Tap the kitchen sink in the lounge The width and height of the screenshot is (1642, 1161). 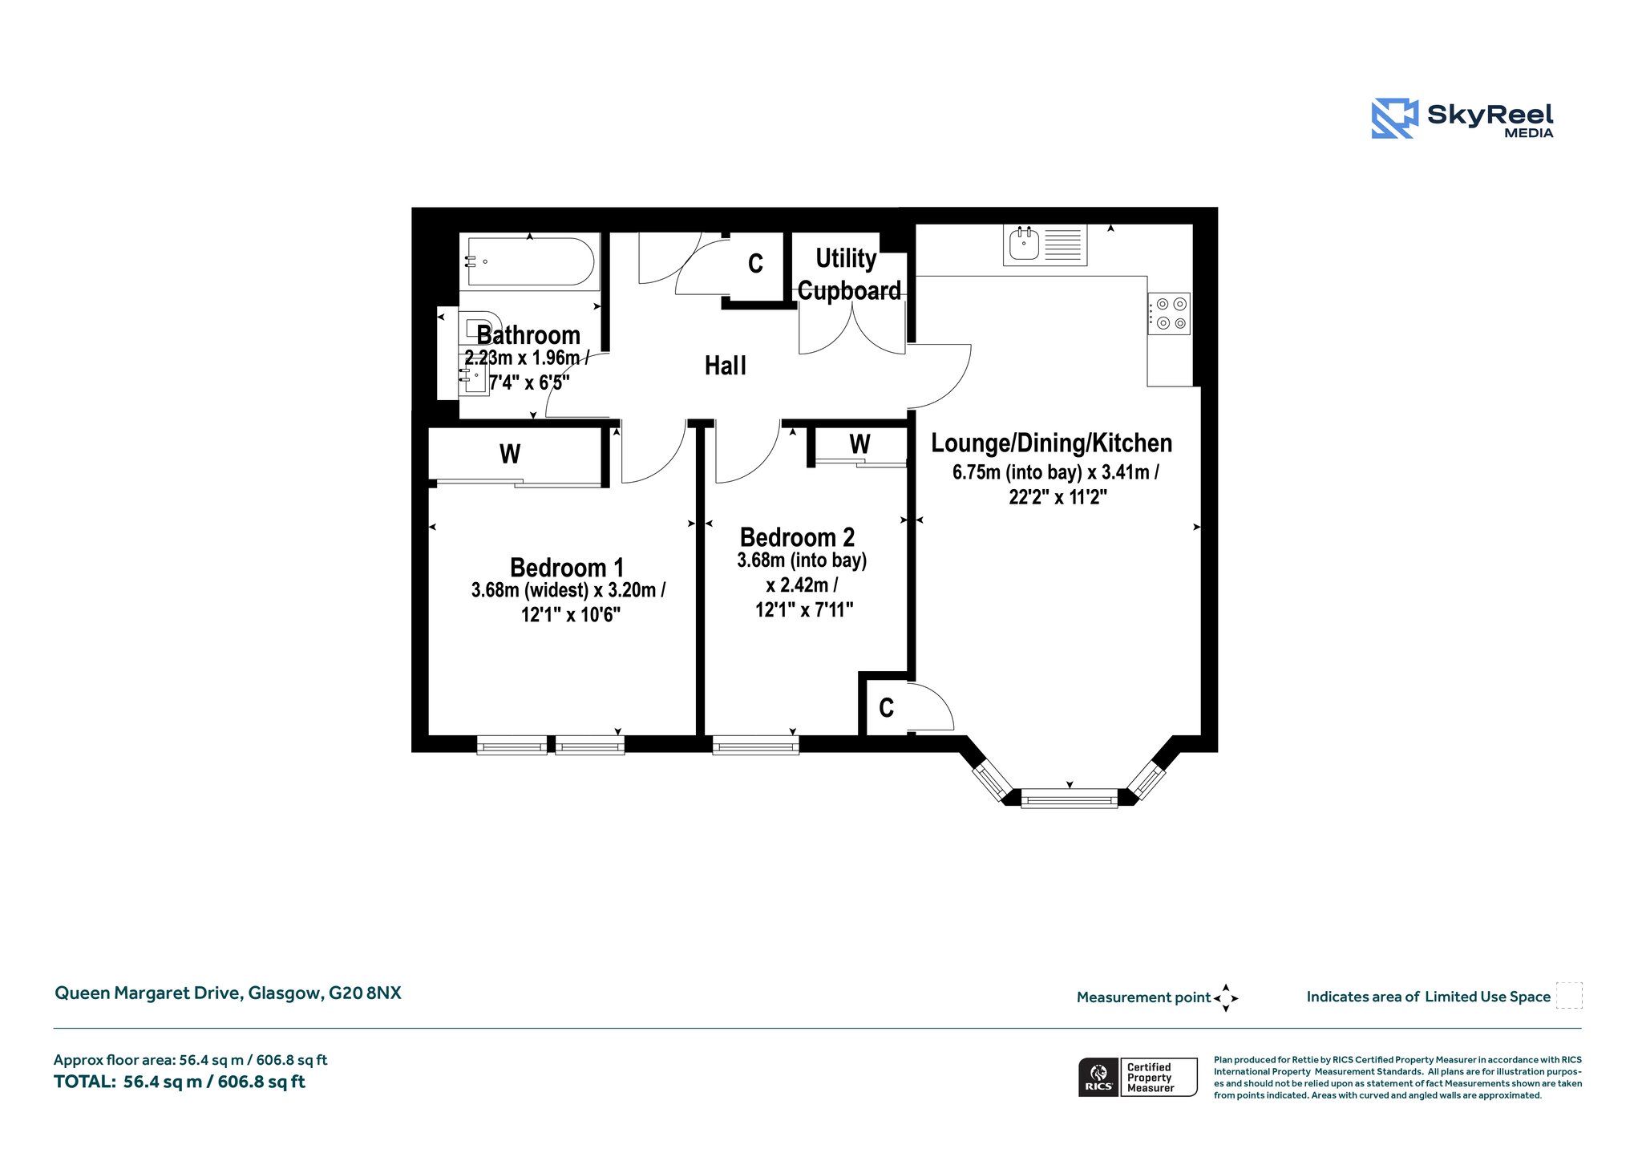tap(1045, 245)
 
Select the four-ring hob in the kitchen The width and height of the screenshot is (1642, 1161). tap(1169, 314)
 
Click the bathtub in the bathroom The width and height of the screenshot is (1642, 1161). tap(530, 261)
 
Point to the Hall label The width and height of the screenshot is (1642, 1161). tap(726, 366)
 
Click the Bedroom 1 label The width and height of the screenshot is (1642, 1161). tap(567, 568)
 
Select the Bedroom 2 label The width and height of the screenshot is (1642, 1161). tap(797, 537)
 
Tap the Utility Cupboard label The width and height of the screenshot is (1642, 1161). tap(849, 274)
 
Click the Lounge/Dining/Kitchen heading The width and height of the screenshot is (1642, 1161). tap(1051, 443)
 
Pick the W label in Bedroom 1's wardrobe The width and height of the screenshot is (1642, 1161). tap(510, 455)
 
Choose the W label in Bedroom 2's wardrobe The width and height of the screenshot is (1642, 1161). tap(859, 444)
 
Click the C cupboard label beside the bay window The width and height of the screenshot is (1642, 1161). tap(886, 708)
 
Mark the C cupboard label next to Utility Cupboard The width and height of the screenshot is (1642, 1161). tap(755, 264)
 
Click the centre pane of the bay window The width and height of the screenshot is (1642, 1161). tap(1070, 798)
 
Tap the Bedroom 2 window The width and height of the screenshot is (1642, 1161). tap(756, 746)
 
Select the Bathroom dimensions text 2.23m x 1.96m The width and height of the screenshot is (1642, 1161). tap(527, 358)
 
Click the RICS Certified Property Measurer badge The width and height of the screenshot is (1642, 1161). tap(1138, 1078)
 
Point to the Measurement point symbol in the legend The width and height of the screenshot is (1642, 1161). tap(1226, 998)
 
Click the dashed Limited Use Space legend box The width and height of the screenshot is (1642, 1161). tap(1569, 995)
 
